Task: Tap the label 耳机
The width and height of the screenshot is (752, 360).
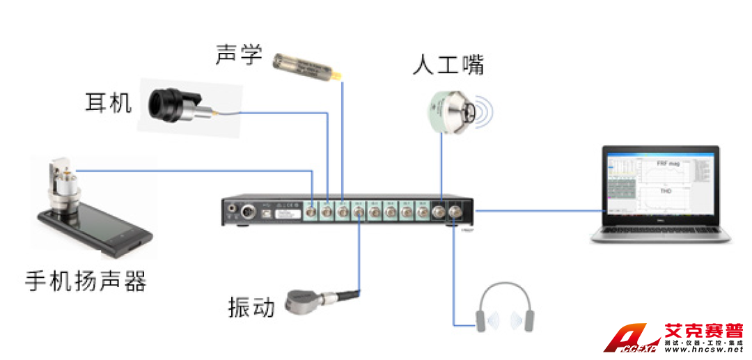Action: (x=108, y=104)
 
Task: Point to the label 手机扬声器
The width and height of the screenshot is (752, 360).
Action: (x=86, y=281)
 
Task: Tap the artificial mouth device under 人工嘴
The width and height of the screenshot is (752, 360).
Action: (x=457, y=110)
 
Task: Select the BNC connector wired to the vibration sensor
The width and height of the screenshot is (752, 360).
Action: (x=358, y=212)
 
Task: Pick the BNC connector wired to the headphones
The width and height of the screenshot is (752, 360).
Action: (x=455, y=212)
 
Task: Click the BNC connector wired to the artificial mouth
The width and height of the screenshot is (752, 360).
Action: (x=440, y=212)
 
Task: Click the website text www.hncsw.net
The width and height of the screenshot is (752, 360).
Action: (x=703, y=352)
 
